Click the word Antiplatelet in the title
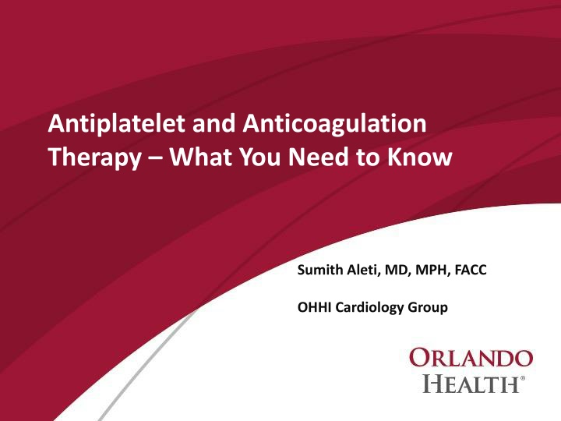pyautogui.click(x=117, y=124)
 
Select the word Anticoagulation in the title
pyautogui.click(x=334, y=124)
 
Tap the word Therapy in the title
pyautogui.click(x=95, y=157)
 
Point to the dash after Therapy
pyautogui.click(x=155, y=158)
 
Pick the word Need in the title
pyautogui.click(x=319, y=157)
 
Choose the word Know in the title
pyautogui.click(x=420, y=157)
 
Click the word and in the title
pyautogui.click(x=214, y=123)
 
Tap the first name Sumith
pyautogui.click(x=320, y=270)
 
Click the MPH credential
pyautogui.click(x=432, y=270)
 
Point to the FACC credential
pyautogui.click(x=471, y=270)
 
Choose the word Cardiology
pyautogui.click(x=370, y=308)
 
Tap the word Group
pyautogui.click(x=428, y=308)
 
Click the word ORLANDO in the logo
pyautogui.click(x=471, y=358)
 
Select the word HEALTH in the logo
pyautogui.click(x=471, y=384)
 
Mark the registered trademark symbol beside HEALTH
pyautogui.click(x=523, y=378)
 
